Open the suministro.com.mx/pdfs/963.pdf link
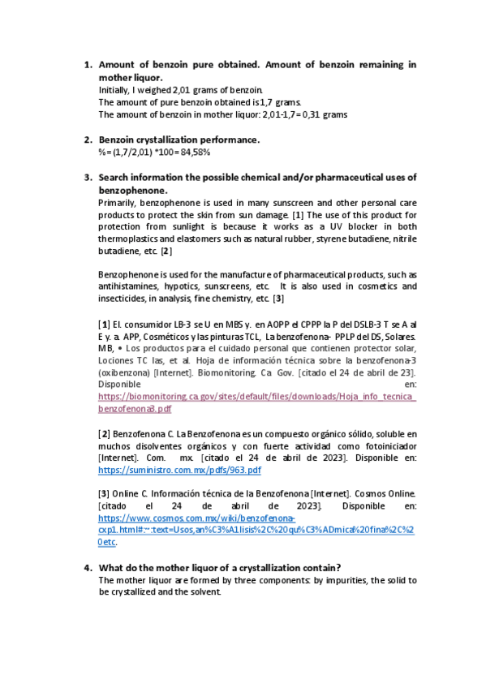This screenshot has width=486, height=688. pos(179,470)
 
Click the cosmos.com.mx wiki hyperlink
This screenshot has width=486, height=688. pos(196,517)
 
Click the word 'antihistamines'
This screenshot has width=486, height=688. pos(132,286)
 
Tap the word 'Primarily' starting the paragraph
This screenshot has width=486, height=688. pos(115,202)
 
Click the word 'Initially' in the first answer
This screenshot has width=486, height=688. pos(114,89)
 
